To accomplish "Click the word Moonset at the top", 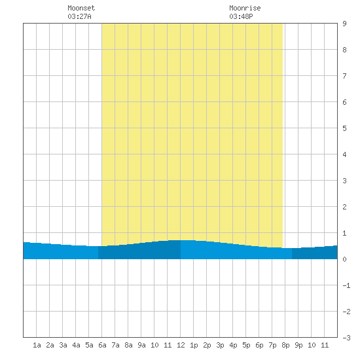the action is [81, 8].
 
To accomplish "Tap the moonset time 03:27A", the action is [79, 16].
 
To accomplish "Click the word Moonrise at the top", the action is [245, 8].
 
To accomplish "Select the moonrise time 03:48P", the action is [241, 16].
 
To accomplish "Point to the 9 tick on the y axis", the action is [344, 24].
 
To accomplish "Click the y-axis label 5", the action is [344, 128].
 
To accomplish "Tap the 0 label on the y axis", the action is [344, 259].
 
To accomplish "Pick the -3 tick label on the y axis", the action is [346, 338].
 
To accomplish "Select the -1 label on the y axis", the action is [346, 285].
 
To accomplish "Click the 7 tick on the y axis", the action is [344, 76].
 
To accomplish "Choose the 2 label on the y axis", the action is [344, 207].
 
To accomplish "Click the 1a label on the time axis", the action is [37, 345].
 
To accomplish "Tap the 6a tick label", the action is [102, 345].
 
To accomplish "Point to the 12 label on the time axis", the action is [181, 345].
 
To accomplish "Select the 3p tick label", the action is [220, 345].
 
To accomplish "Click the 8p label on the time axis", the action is [285, 345].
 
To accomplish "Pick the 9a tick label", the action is [141, 345].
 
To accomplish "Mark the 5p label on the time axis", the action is [246, 345].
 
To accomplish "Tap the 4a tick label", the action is [76, 345].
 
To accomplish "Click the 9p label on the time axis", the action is [298, 345].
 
